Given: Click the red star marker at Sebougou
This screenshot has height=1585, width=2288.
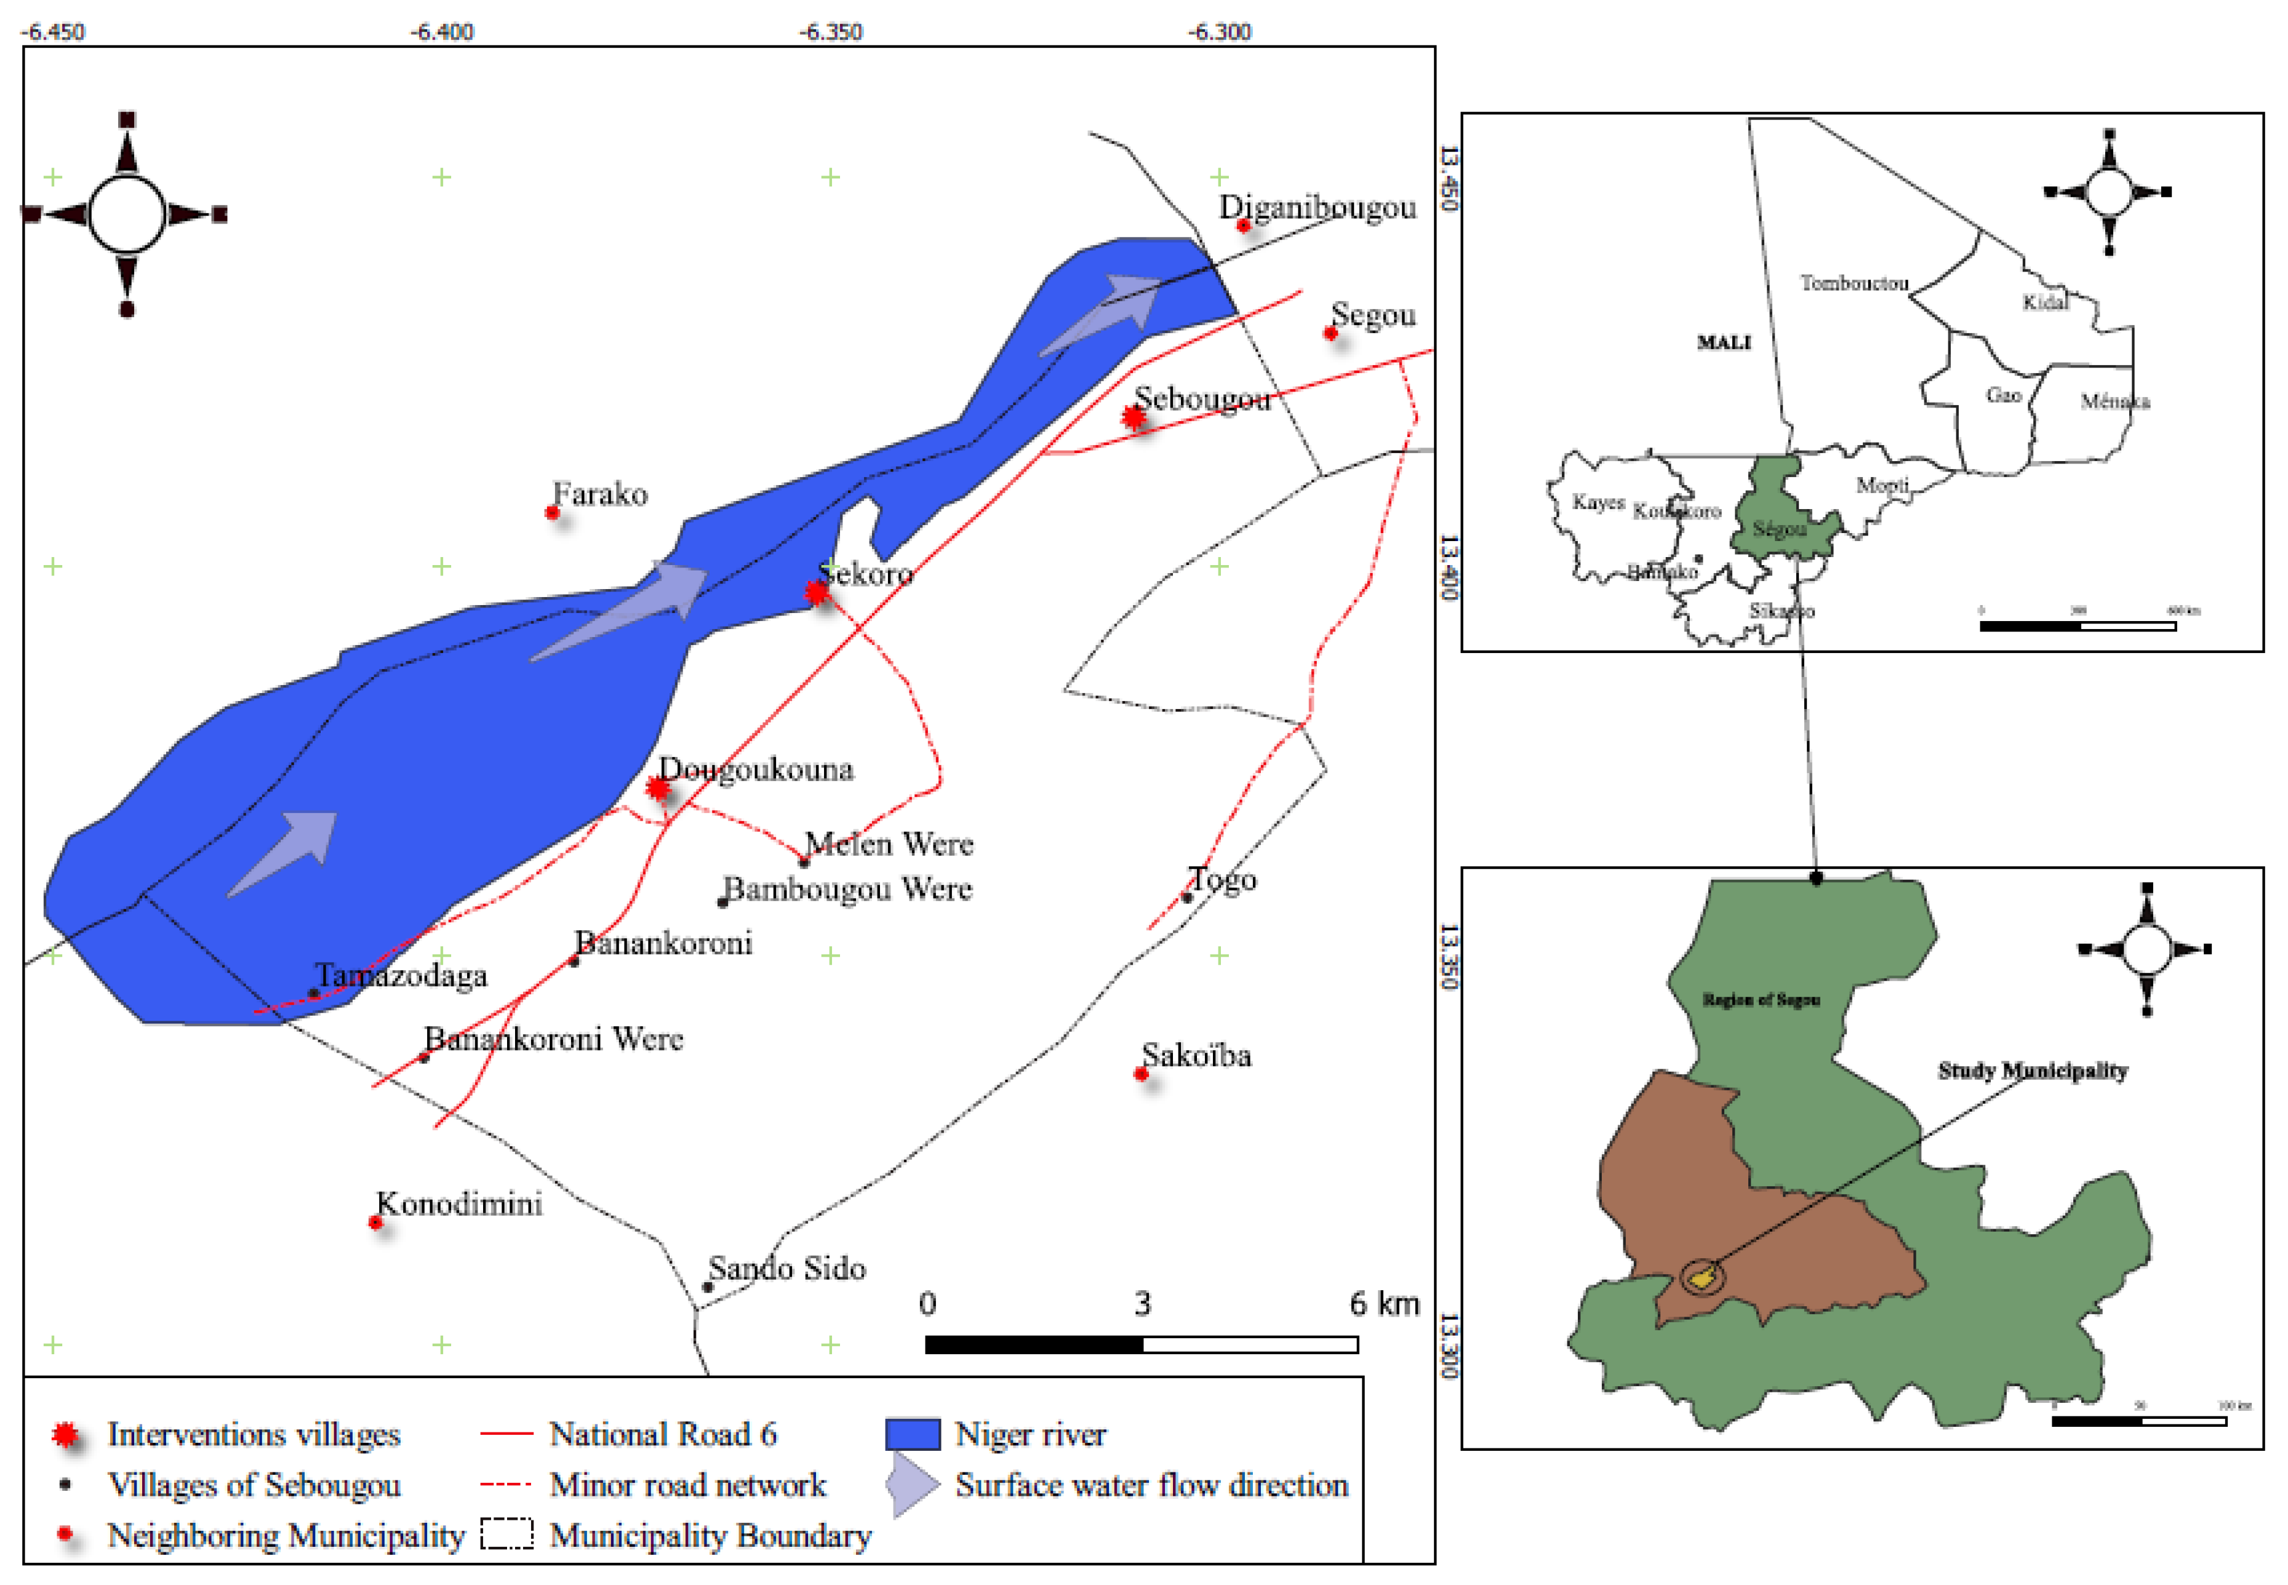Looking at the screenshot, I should point(1134,417).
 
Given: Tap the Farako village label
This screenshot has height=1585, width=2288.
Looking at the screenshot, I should point(599,494).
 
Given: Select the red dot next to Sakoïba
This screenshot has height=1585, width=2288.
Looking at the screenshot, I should point(1140,1073).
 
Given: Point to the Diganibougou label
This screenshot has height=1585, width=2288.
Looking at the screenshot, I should point(1317,207).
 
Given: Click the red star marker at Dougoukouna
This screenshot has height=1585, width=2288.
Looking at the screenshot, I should point(657,787).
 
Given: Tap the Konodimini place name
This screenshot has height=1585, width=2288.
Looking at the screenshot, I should point(458,1203).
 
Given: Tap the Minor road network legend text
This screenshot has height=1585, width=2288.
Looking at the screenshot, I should point(687,1485).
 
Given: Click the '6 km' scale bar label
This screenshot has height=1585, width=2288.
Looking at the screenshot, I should point(1384,1303).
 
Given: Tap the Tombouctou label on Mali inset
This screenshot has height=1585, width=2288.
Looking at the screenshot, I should point(1853,283).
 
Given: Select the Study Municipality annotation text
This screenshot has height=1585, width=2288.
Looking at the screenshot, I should point(2032,1070).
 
